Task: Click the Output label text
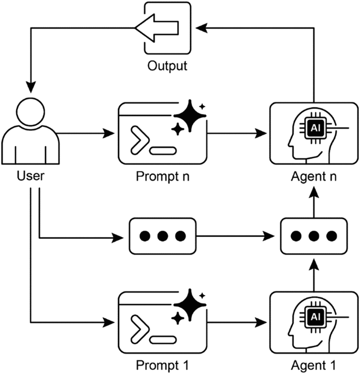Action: click(167, 66)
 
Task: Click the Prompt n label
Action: click(162, 175)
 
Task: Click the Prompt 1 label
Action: click(162, 365)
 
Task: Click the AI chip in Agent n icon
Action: click(314, 127)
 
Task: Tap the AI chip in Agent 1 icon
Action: click(314, 317)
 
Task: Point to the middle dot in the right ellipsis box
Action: click(314, 235)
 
